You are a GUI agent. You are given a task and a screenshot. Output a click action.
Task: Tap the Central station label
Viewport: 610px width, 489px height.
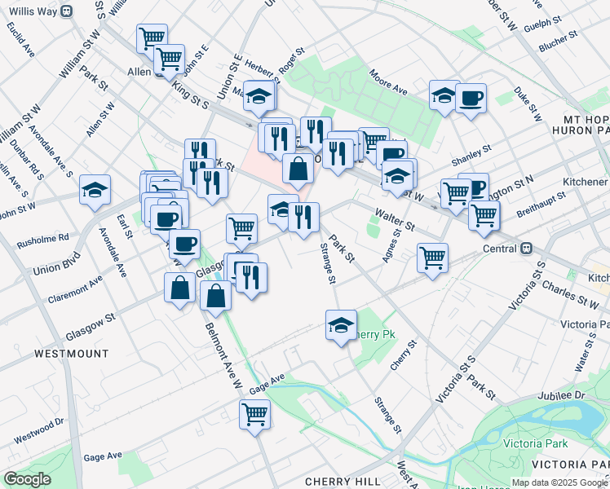point(499,248)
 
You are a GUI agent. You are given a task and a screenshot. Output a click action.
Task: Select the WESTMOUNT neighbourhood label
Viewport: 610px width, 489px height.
point(72,354)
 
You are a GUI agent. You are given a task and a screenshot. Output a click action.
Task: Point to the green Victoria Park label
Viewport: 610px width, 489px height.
point(535,444)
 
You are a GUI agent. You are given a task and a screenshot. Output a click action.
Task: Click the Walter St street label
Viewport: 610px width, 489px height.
point(394,218)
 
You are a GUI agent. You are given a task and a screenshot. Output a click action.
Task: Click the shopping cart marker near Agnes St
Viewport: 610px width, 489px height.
point(432,258)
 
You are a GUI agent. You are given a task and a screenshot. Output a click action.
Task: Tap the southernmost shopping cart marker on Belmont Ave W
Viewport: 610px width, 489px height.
point(255,415)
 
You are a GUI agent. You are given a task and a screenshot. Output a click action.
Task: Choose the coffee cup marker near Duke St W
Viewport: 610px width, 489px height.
point(471,99)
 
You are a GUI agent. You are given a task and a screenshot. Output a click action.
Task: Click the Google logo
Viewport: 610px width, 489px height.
point(28,479)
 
